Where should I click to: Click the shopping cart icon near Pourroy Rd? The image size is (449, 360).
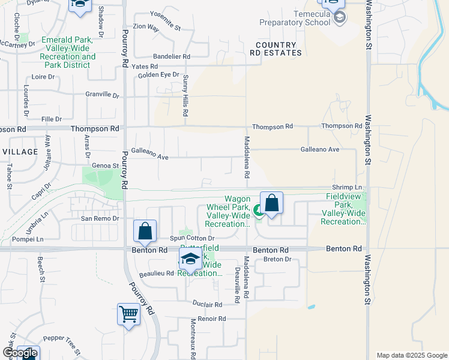point(129,314)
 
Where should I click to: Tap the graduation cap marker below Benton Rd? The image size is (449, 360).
point(190,260)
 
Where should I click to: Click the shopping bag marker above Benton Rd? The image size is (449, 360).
point(145,231)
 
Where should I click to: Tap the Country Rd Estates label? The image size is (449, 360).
point(276,49)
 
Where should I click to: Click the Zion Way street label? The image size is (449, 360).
point(146,27)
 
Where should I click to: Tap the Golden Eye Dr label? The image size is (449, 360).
point(158,74)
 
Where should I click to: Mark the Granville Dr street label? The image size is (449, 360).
point(102,94)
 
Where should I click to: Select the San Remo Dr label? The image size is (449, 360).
point(100,219)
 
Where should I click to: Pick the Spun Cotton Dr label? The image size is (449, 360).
point(187,238)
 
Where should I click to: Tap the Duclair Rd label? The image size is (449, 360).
point(208,304)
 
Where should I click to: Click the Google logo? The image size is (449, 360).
point(20,353)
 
